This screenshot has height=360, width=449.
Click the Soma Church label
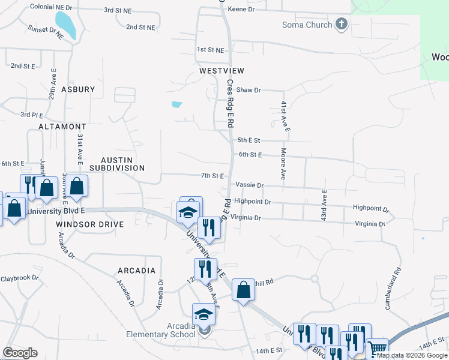307,25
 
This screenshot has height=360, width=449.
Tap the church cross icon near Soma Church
342,25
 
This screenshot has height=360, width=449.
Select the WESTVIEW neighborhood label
222,71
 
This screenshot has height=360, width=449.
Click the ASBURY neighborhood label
78,89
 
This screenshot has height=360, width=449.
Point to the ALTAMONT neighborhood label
62,127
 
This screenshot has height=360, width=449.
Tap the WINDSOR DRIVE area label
89,224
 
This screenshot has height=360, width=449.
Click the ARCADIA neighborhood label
137,271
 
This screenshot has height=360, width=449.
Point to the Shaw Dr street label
249,90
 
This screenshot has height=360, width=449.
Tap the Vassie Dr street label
249,185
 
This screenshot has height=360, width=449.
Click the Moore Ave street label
283,164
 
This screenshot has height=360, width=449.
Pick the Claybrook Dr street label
19,278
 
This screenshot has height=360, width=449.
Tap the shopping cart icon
377,348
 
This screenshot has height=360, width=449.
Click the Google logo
20,353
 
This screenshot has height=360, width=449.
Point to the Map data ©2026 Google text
412,355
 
